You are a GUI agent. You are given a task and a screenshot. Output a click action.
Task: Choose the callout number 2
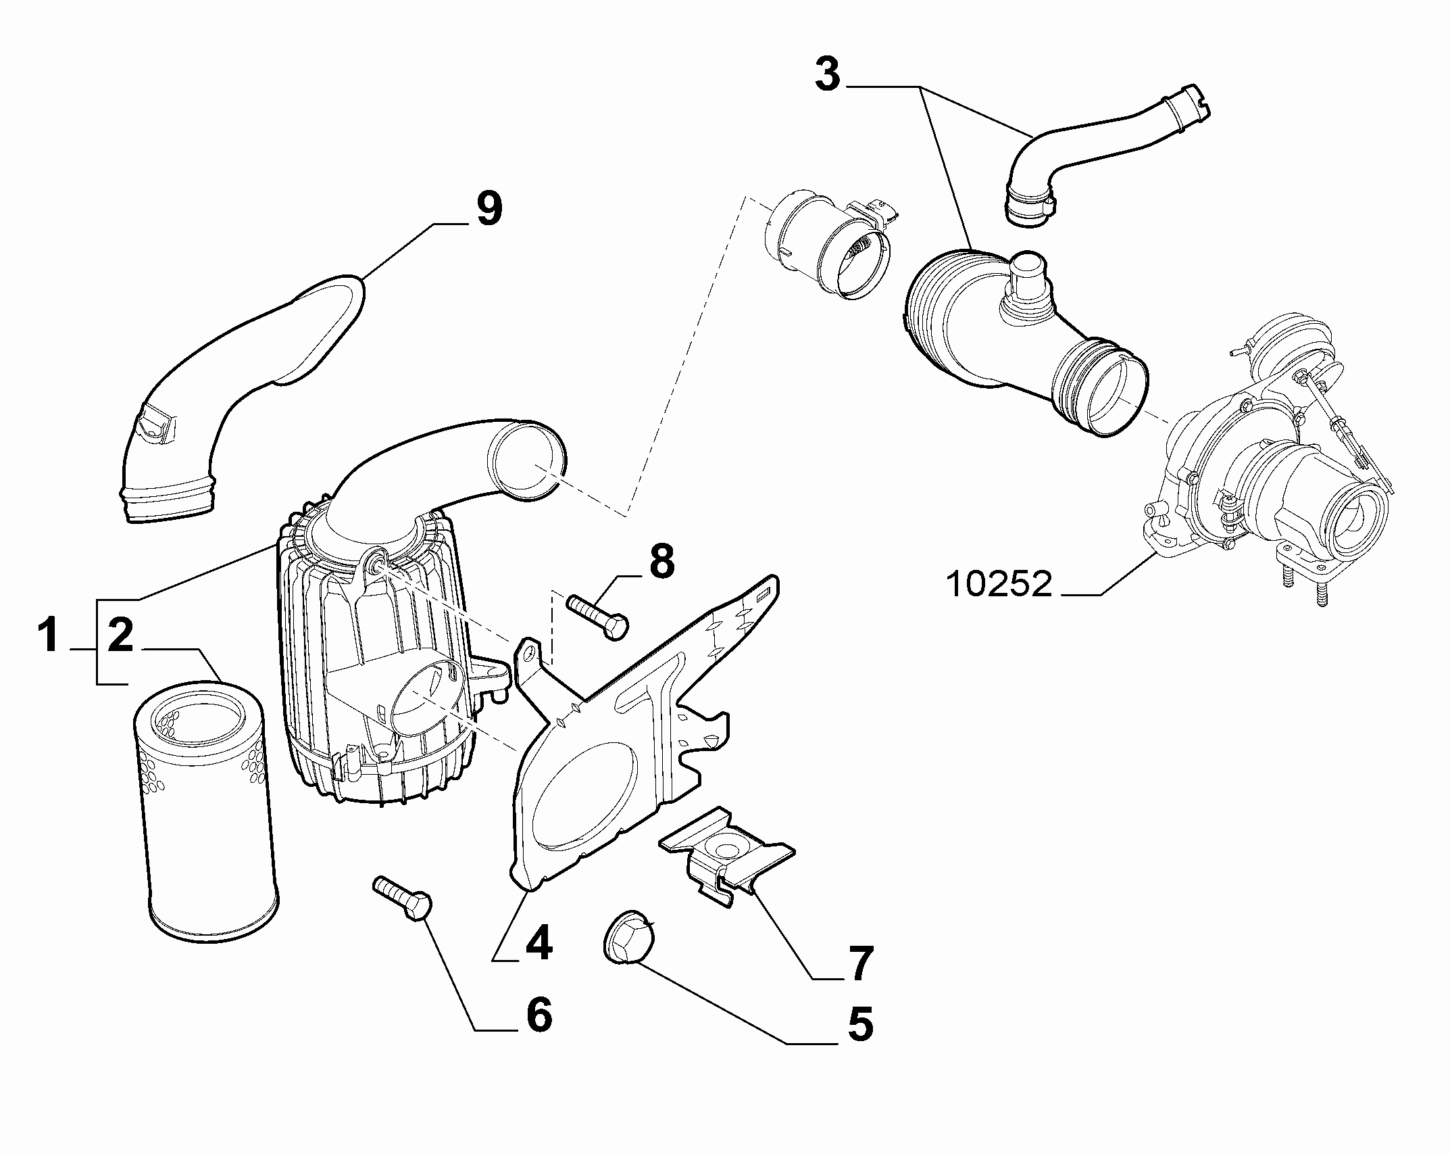point(121,638)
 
